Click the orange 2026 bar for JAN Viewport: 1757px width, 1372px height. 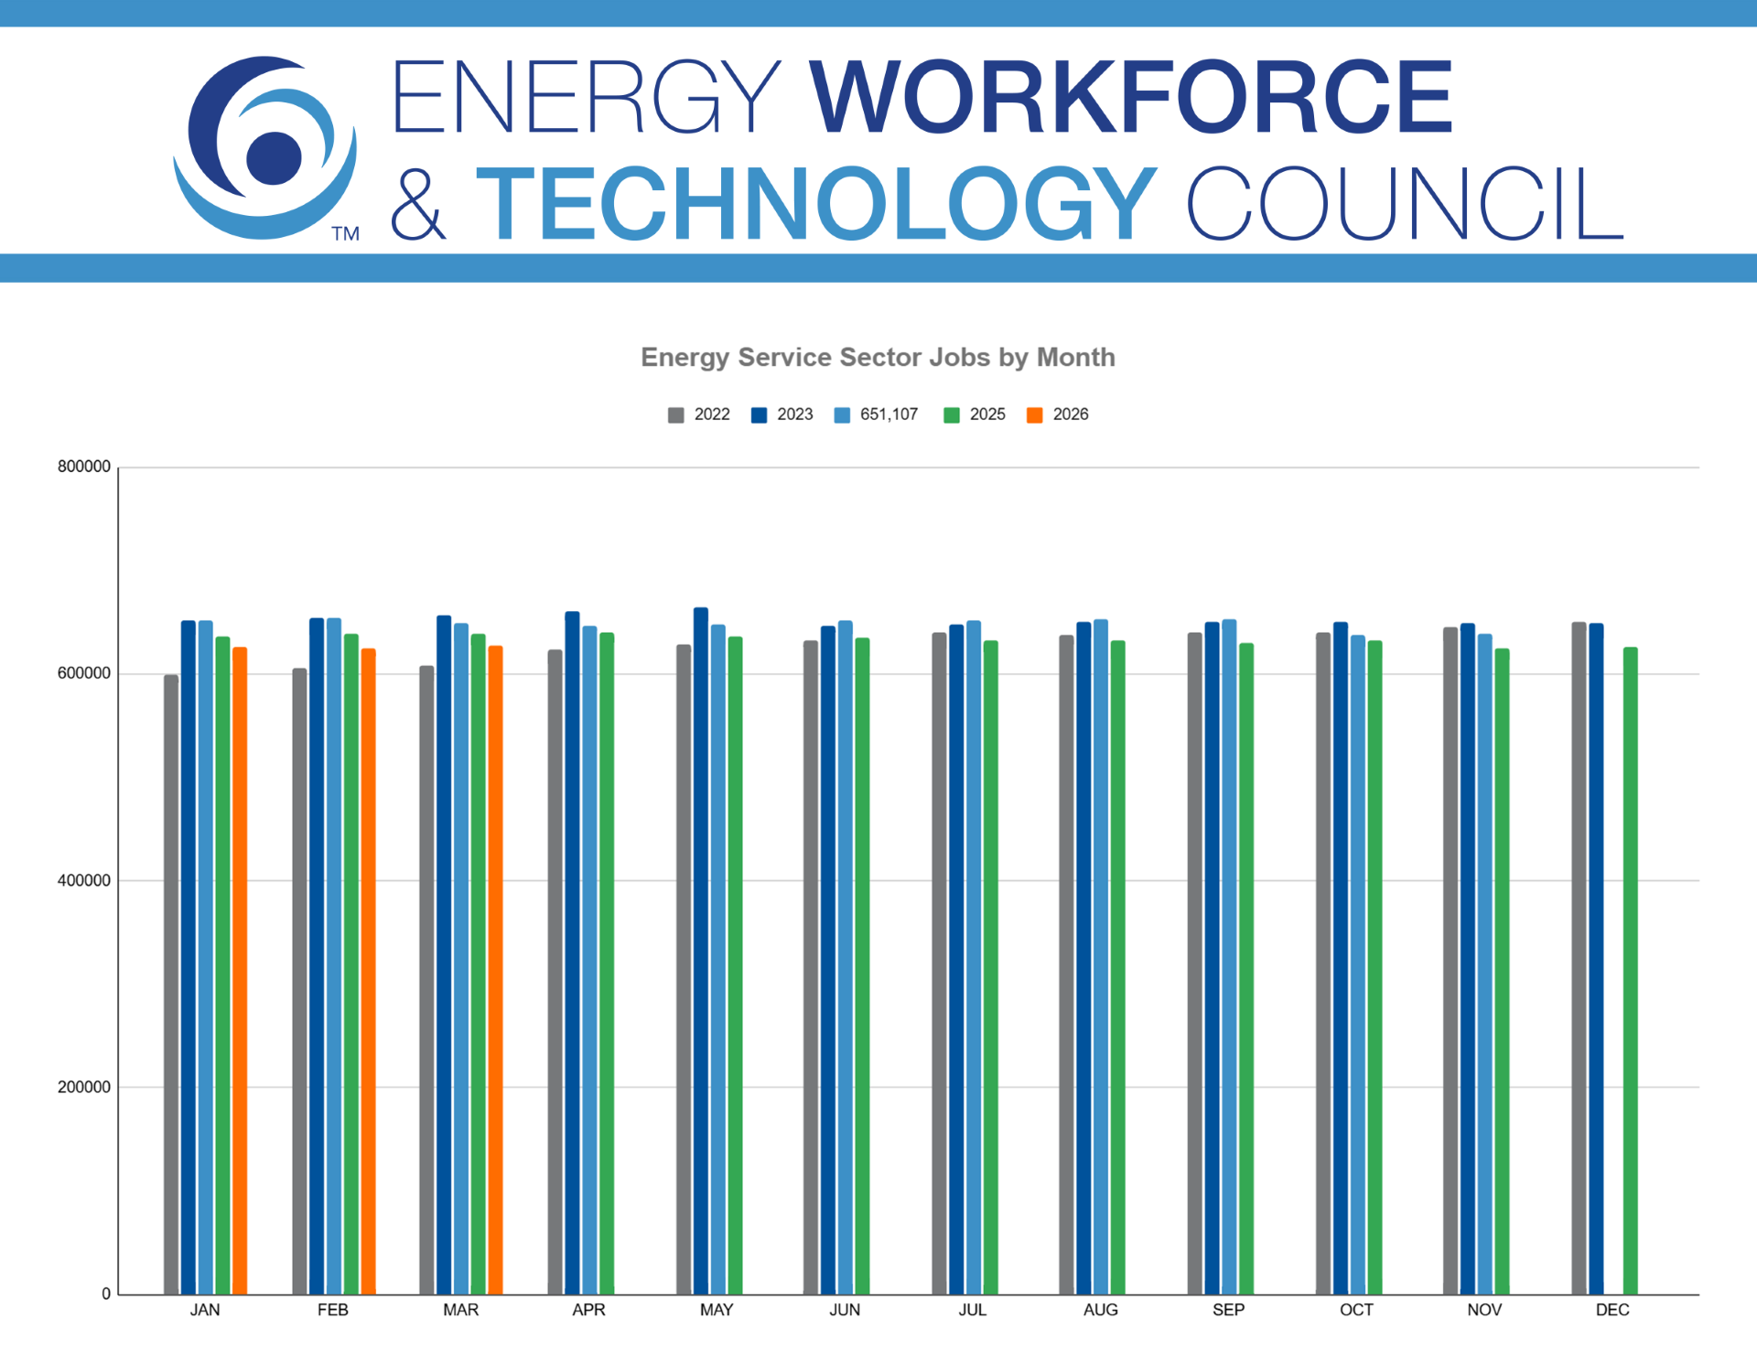pyautogui.click(x=240, y=970)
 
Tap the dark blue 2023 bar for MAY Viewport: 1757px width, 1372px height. pyautogui.click(x=701, y=951)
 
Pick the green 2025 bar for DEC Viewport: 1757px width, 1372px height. pyautogui.click(x=1630, y=970)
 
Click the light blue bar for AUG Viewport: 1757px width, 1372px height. pyautogui.click(x=1101, y=957)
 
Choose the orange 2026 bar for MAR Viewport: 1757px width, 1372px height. pyautogui.click(x=495, y=970)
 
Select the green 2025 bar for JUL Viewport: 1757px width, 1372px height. pyautogui.click(x=990, y=967)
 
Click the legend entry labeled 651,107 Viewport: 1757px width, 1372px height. pyautogui.click(x=877, y=414)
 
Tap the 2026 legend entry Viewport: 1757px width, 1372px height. pyautogui.click(x=1058, y=414)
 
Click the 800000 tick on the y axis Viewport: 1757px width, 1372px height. pyautogui.click(x=84, y=466)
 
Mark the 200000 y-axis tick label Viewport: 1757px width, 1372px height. pyautogui.click(x=84, y=1087)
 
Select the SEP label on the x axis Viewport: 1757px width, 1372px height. pyautogui.click(x=1228, y=1310)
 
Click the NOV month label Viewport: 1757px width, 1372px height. pyautogui.click(x=1484, y=1310)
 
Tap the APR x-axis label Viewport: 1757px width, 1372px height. pyautogui.click(x=588, y=1310)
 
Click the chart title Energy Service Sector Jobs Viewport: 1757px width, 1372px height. pyautogui.click(x=878, y=357)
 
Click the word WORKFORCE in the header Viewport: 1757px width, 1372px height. pyautogui.click(x=1131, y=97)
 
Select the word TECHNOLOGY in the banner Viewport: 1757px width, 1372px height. pyautogui.click(x=816, y=204)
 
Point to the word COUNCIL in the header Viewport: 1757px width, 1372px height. pyautogui.click(x=1405, y=204)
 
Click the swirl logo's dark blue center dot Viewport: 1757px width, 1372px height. pyautogui.click(x=274, y=157)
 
